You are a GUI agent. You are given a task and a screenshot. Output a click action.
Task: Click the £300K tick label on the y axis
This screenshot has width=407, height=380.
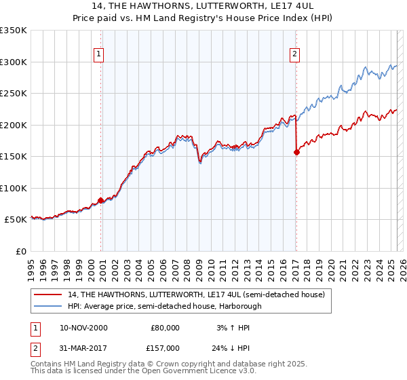14,62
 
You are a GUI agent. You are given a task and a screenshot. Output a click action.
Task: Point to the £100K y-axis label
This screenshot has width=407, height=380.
14,188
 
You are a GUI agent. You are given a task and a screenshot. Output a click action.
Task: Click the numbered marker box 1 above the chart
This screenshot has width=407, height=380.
98,55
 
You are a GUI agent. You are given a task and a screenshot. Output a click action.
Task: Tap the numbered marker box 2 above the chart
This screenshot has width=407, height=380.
296,55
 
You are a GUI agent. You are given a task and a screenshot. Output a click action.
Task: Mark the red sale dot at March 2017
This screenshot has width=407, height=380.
296,152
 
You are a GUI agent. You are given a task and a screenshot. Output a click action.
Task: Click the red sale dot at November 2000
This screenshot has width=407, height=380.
101,200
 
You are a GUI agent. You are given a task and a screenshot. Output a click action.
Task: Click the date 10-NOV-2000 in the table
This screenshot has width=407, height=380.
83,327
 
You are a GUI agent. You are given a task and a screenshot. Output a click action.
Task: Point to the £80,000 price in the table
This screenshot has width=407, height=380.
166,327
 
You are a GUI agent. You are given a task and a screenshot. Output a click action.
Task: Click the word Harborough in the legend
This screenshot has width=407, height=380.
241,306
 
